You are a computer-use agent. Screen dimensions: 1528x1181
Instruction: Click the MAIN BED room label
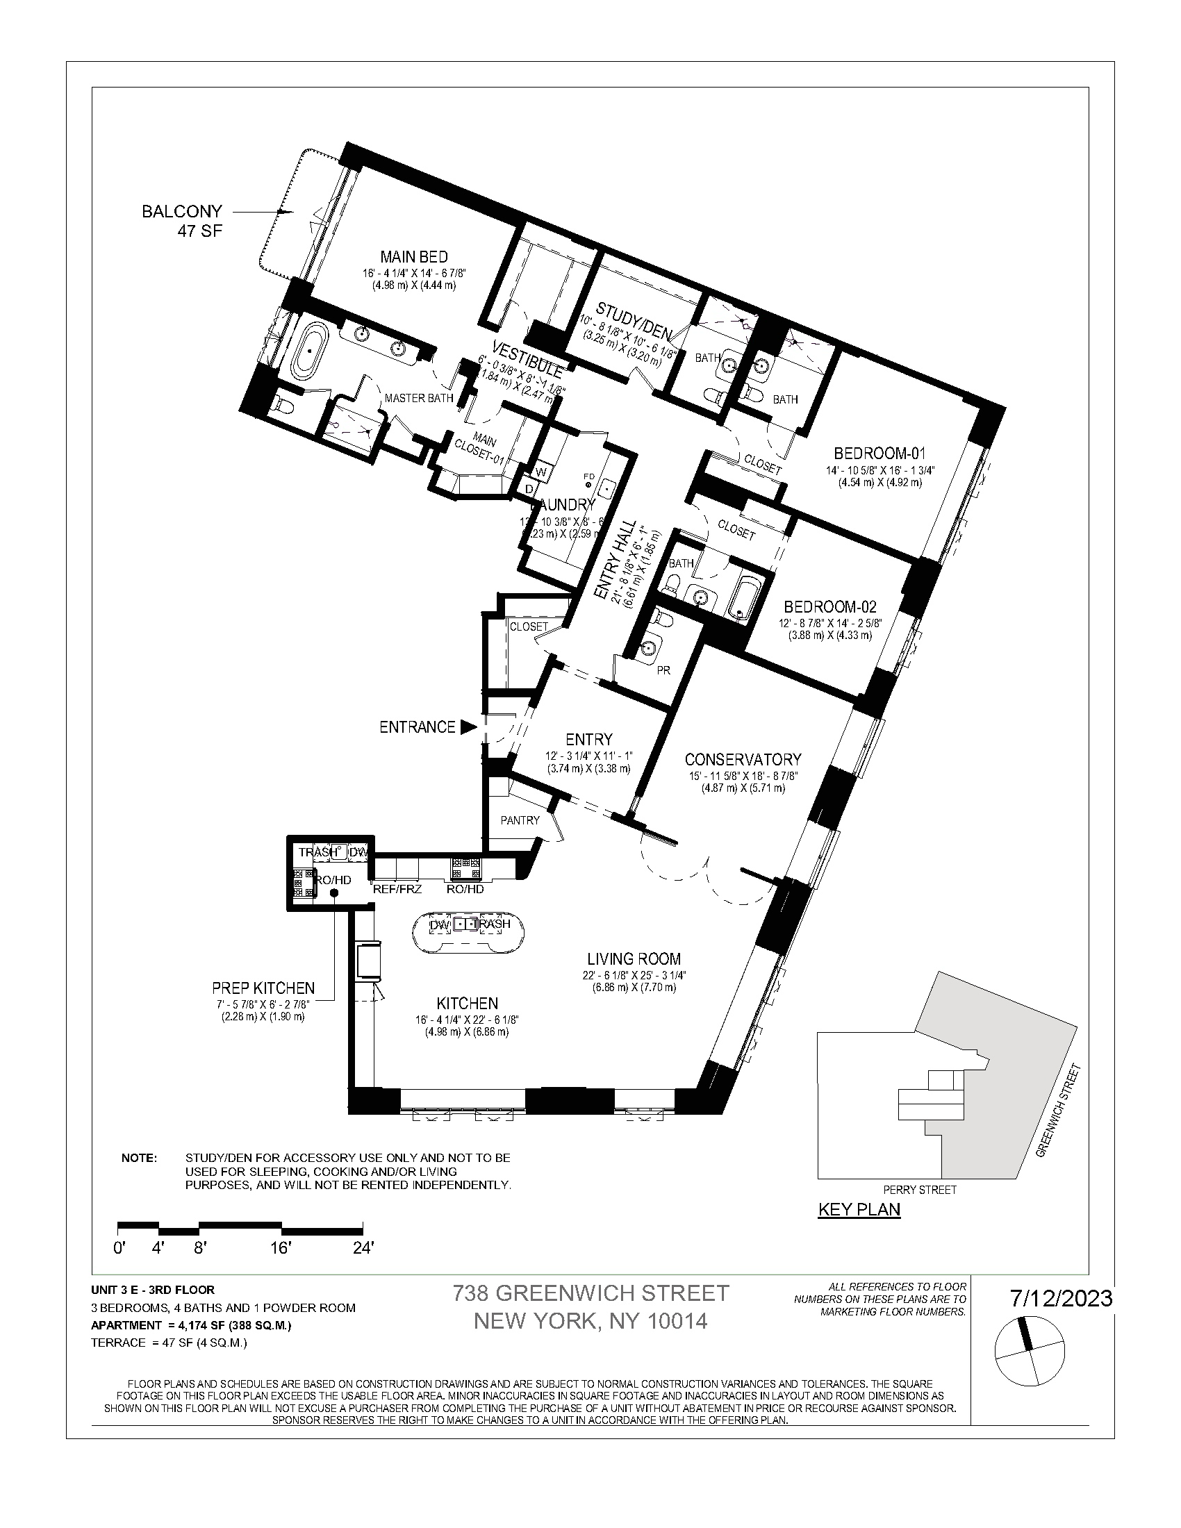(413, 257)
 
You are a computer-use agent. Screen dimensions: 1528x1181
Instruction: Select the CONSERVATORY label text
(743, 759)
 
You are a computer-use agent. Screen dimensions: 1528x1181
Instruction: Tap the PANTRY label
(520, 820)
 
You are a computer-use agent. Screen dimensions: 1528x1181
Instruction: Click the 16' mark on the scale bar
(281, 1248)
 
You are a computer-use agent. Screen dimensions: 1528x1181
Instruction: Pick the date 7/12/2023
(1061, 1299)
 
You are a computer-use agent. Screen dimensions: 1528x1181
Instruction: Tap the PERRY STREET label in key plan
(919, 1189)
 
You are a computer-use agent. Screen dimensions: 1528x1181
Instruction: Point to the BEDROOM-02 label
(829, 606)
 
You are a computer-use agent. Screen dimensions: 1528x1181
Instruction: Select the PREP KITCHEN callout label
(263, 988)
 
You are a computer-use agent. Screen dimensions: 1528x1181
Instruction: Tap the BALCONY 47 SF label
(183, 220)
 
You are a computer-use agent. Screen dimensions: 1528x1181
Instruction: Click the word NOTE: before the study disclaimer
(139, 1158)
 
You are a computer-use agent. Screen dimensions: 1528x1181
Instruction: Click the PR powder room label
(663, 670)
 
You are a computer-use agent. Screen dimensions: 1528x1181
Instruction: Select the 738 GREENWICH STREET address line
(590, 1293)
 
